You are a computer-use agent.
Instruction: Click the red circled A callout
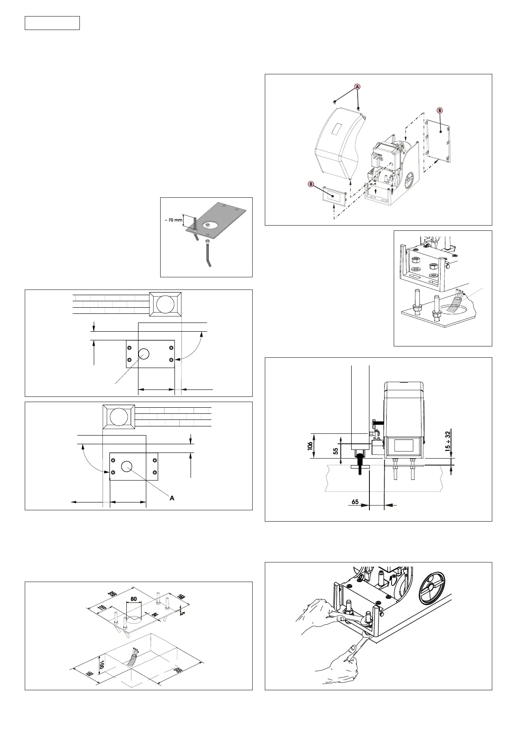click(x=357, y=87)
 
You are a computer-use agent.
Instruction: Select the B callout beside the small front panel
click(x=311, y=184)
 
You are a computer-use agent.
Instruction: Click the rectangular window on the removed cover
click(x=336, y=129)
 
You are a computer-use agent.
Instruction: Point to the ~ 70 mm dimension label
click(x=173, y=220)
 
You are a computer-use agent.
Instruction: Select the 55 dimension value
click(x=336, y=451)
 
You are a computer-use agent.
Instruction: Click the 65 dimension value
click(x=355, y=501)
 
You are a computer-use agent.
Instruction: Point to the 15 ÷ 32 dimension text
click(x=448, y=441)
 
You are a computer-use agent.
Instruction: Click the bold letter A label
click(x=172, y=498)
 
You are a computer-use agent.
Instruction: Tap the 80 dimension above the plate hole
click(x=133, y=599)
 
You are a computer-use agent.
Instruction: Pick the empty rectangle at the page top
click(x=52, y=23)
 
